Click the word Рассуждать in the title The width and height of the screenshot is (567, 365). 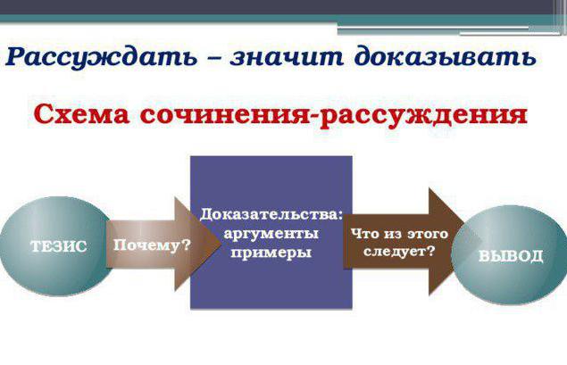pos(101,57)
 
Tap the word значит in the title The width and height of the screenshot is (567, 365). pos(287,57)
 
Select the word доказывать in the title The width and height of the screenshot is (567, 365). pos(446,57)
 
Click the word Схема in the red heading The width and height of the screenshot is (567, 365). pos(81,114)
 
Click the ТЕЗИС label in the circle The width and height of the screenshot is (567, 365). pos(59,246)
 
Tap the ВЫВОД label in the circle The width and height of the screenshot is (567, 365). pos(511,256)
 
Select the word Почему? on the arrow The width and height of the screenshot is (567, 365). pos(152,245)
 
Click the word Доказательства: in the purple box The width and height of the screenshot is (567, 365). pos(271,214)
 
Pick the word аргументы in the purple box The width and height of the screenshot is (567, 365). pos(271,234)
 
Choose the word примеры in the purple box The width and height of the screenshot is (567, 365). pos(271,253)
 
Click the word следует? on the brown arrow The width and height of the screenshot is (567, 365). pos(399,251)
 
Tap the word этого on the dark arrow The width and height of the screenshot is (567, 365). pos(428,234)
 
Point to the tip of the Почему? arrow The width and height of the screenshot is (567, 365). pos(221,244)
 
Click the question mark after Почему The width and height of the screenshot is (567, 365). pos(186,245)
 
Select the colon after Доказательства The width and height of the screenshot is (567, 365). pos(339,215)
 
